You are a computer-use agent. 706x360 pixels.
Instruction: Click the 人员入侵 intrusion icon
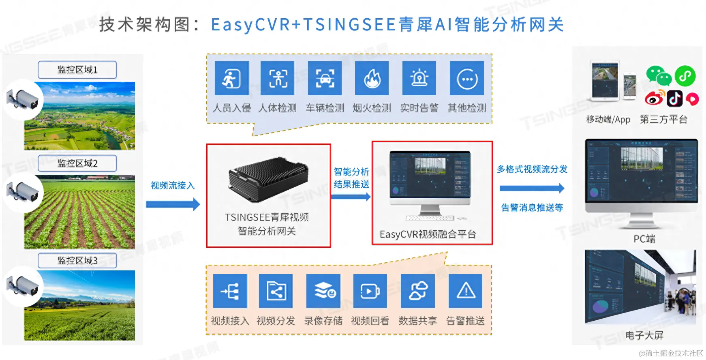click(x=231, y=78)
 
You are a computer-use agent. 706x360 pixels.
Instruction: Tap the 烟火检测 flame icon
click(x=372, y=78)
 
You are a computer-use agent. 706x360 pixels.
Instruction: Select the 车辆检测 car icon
click(x=325, y=78)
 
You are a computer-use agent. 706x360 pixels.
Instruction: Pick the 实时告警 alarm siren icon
click(x=419, y=78)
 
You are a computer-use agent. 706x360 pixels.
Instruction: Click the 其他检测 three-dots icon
click(x=467, y=78)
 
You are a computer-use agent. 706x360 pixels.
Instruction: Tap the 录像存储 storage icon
click(x=323, y=291)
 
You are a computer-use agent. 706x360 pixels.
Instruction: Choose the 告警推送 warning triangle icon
click(x=466, y=291)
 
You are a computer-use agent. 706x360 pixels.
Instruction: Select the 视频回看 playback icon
click(x=370, y=291)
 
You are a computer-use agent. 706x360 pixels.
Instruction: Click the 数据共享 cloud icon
click(x=417, y=291)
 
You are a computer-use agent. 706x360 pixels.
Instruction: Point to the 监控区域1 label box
click(x=77, y=70)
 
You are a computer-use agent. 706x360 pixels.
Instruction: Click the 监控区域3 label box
click(x=77, y=261)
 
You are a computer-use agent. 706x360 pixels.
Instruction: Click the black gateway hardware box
click(x=268, y=179)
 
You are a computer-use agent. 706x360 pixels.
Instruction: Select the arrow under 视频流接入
click(x=173, y=204)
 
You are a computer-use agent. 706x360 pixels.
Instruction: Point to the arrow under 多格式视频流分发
click(x=532, y=188)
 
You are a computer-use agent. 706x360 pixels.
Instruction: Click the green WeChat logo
click(x=658, y=76)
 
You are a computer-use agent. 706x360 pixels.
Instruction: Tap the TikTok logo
click(x=675, y=99)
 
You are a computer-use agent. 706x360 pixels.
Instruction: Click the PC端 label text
click(x=644, y=239)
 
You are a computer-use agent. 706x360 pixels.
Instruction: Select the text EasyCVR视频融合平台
click(x=428, y=234)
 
